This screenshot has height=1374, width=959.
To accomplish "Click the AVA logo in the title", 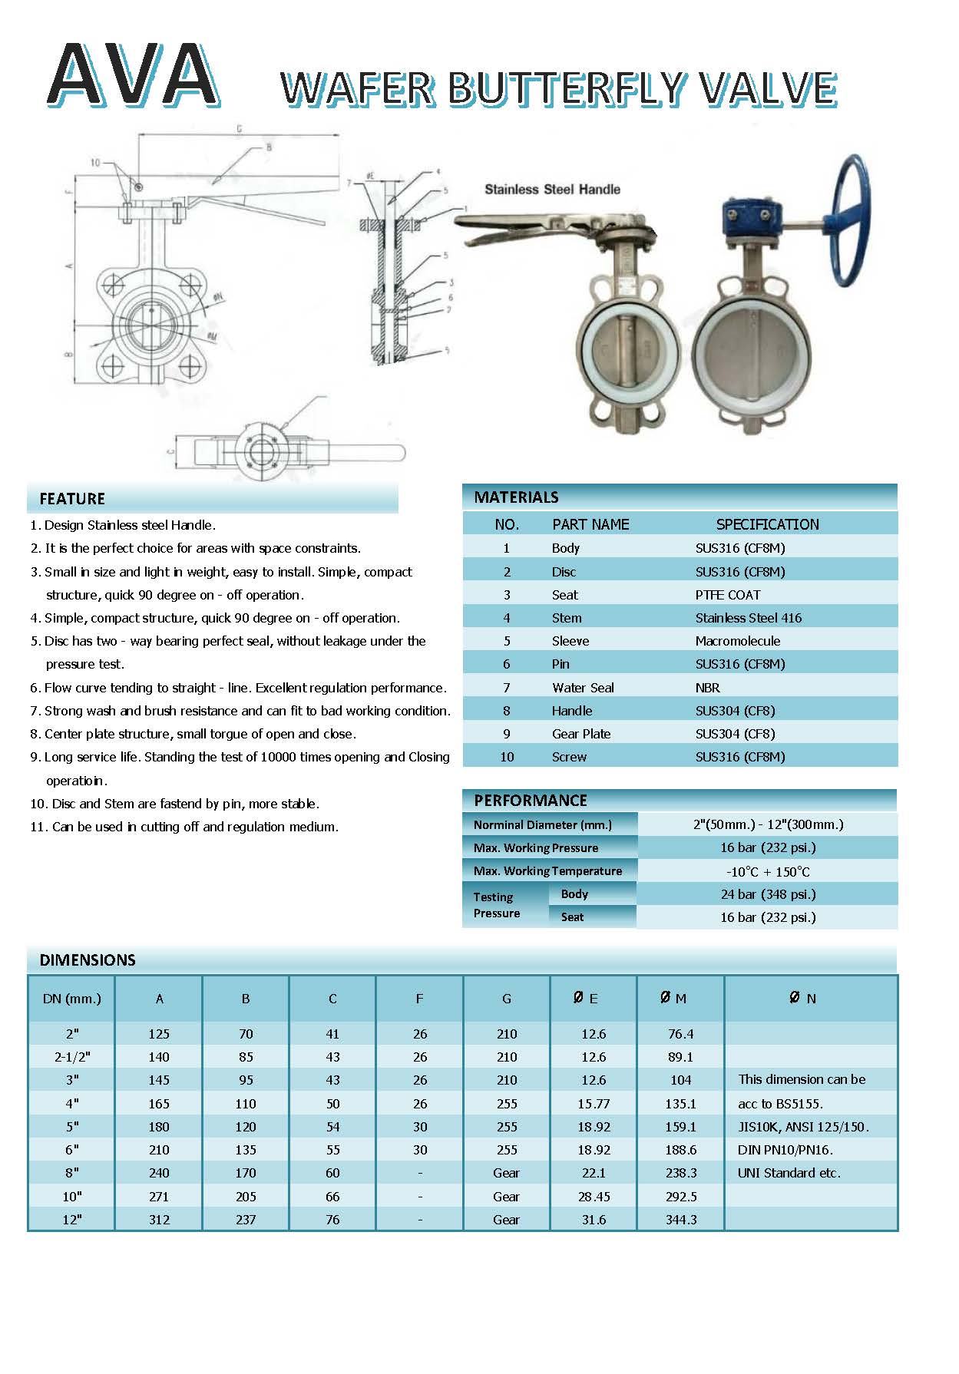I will tap(132, 75).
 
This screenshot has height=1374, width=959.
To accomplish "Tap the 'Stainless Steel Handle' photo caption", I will tap(552, 189).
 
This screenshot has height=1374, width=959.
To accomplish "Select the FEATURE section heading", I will tap(72, 499).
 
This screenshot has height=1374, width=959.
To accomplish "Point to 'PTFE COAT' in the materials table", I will tap(727, 595).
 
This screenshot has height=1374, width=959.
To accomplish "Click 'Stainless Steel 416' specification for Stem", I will tap(748, 618).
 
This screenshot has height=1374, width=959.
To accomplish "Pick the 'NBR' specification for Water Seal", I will tap(707, 688).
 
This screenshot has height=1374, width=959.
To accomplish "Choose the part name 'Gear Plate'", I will tap(580, 734).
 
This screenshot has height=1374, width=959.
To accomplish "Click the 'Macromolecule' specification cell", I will tap(737, 641).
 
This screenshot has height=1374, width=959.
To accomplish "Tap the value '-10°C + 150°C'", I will tap(767, 871).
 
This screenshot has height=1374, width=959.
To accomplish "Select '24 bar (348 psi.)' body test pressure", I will tap(767, 894).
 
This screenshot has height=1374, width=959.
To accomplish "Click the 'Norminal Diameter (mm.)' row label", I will tap(542, 824).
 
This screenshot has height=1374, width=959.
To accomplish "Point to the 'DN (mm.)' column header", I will tap(71, 999).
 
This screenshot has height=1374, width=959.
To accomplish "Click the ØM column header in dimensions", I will tap(673, 999).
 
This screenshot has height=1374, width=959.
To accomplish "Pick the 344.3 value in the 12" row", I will tap(681, 1220).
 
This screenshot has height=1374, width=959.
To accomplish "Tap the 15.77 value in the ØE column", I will tap(594, 1104).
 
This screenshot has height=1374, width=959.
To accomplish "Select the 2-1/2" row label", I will tap(72, 1057).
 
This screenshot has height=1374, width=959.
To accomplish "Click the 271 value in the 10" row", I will tap(159, 1197).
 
